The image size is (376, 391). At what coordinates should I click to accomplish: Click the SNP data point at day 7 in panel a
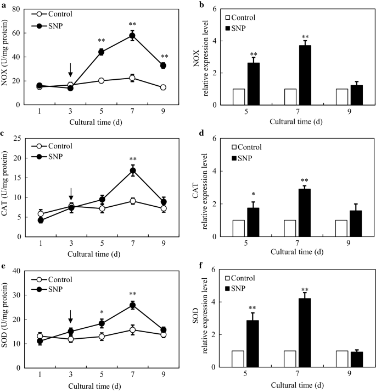[x=132, y=36]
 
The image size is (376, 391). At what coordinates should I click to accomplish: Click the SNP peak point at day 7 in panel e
[x=132, y=305]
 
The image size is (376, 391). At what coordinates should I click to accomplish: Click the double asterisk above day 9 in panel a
[x=163, y=57]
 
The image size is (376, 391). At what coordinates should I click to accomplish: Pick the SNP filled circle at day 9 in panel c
[x=163, y=202]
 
